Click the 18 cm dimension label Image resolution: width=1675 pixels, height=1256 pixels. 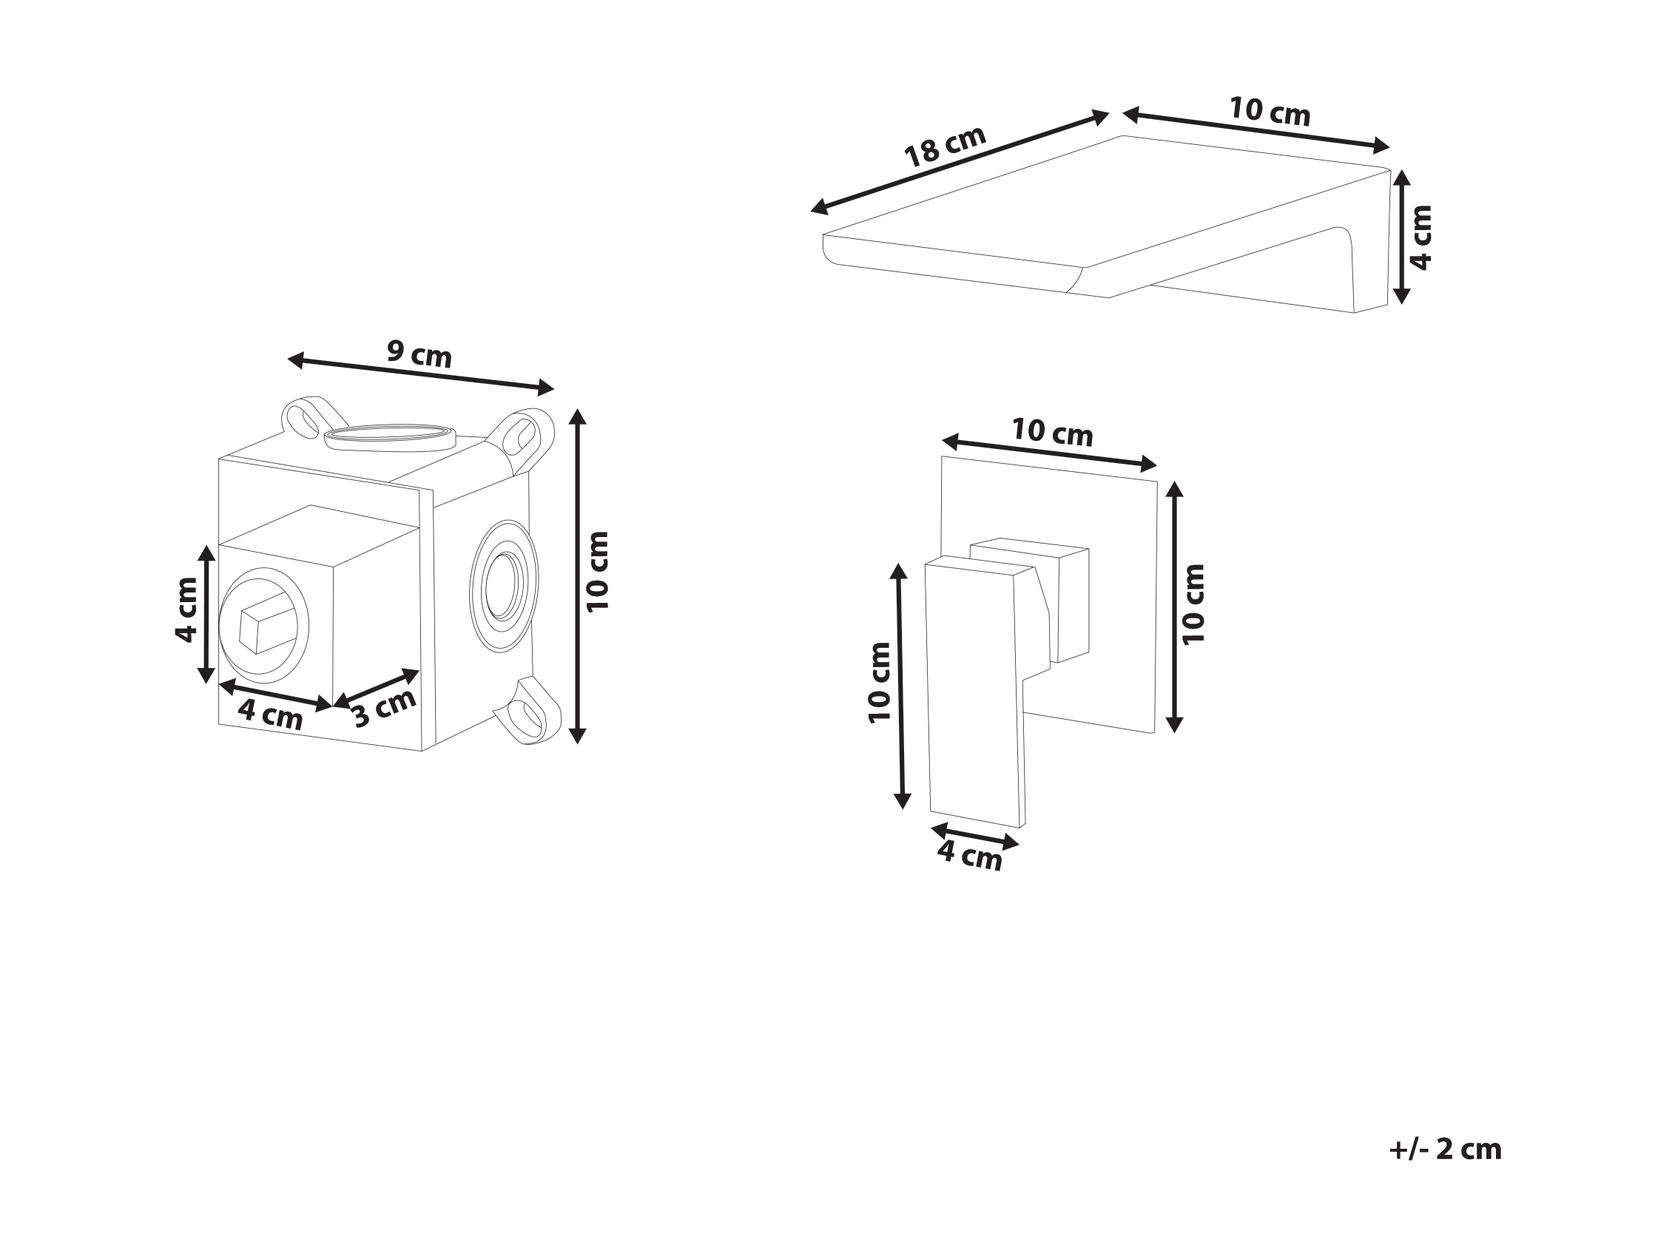(946, 146)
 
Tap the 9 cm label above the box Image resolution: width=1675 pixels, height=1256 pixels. (419, 354)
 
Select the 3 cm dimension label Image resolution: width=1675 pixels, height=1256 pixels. (385, 708)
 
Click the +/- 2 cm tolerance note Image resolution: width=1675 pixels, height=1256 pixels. (1445, 1149)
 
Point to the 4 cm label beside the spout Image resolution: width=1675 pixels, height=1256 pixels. (1421, 237)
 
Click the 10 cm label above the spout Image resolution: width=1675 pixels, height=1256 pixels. (1269, 111)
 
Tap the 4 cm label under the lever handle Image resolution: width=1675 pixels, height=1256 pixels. (970, 856)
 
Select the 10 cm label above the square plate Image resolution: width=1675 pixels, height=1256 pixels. (1053, 432)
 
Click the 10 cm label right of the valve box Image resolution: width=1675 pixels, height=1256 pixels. (598, 572)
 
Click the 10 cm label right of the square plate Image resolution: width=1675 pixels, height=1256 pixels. (1192, 604)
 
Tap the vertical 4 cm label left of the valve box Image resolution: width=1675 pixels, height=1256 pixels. (186, 610)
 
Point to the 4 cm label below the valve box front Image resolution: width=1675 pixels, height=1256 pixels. (270, 715)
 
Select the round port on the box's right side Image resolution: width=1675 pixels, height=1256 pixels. (504, 585)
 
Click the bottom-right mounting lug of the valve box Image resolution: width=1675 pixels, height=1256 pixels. (528, 711)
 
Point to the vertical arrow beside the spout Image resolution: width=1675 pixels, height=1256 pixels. (1402, 237)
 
